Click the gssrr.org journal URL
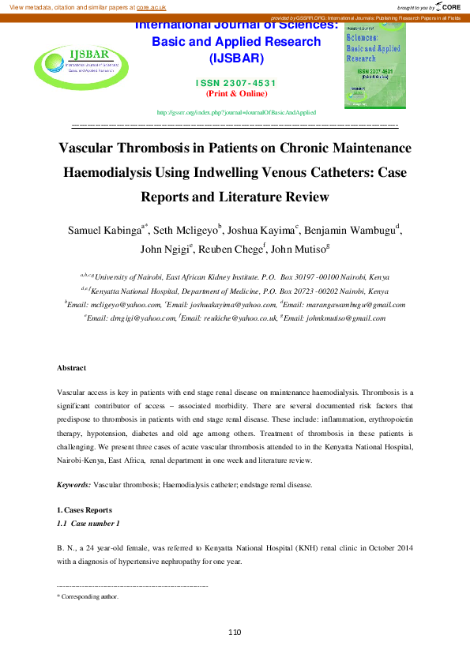tap(237, 113)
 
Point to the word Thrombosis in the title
tap(161, 148)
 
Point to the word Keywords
tap(73, 483)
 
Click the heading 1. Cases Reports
tap(85, 510)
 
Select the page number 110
tap(235, 632)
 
